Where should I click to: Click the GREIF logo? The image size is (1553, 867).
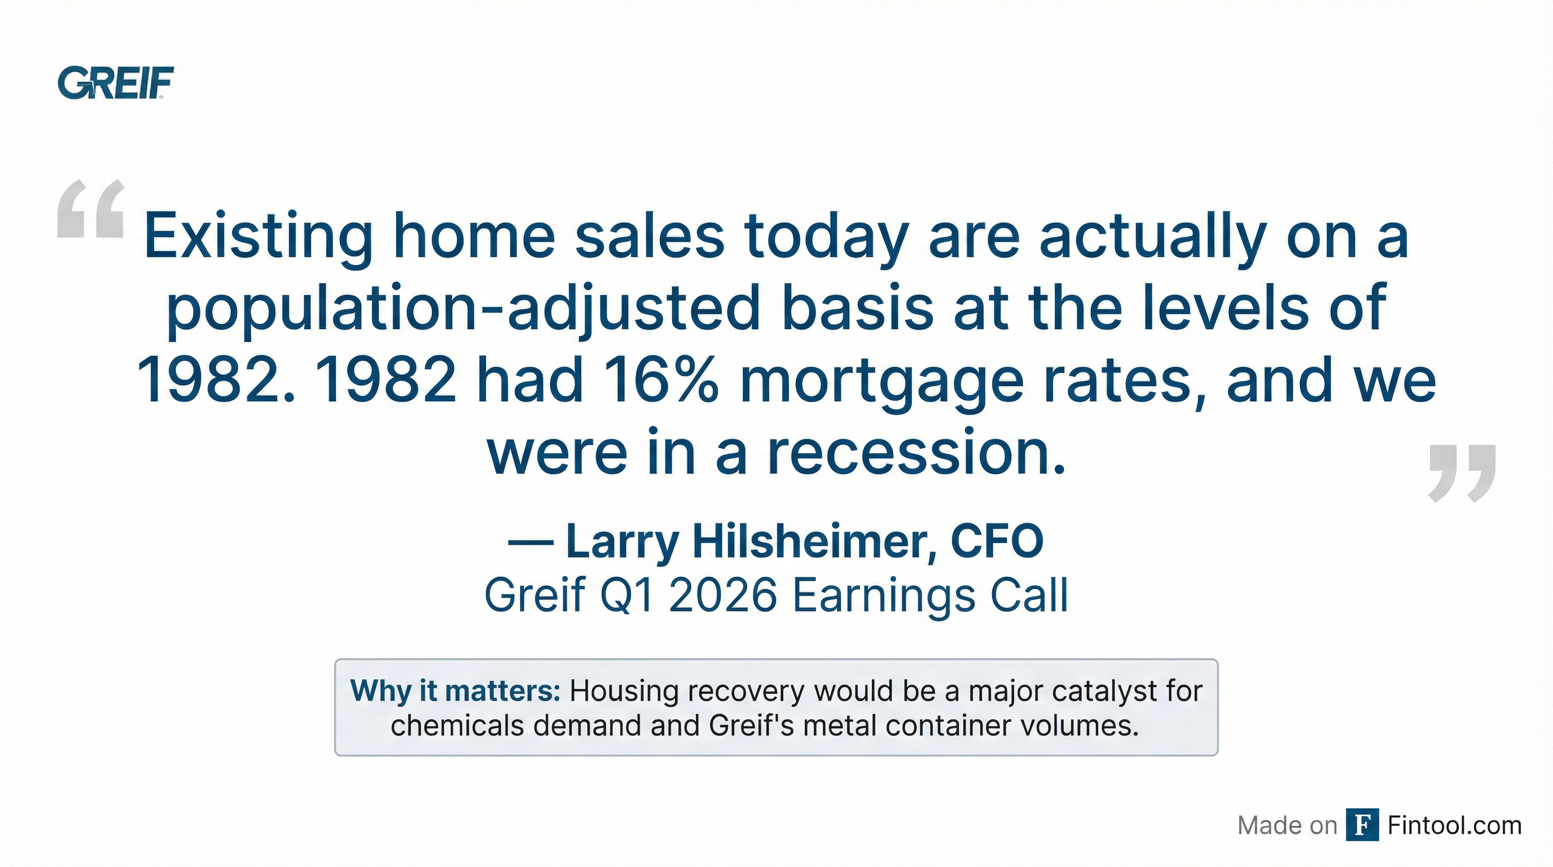pyautogui.click(x=115, y=82)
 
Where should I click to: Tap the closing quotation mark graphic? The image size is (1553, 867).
pyautogui.click(x=1462, y=473)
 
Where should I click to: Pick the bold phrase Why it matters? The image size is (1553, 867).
pyautogui.click(x=455, y=691)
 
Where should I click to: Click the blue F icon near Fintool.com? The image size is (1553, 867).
pyautogui.click(x=1362, y=825)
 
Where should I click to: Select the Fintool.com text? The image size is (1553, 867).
pyautogui.click(x=1454, y=825)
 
